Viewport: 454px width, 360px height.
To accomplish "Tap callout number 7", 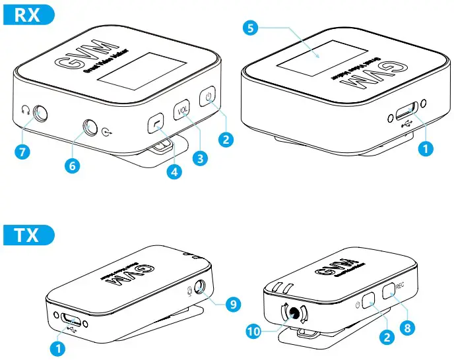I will (x=22, y=152).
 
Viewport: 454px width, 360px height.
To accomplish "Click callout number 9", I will (x=232, y=304).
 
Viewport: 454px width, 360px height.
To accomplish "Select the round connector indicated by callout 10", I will (x=290, y=313).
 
